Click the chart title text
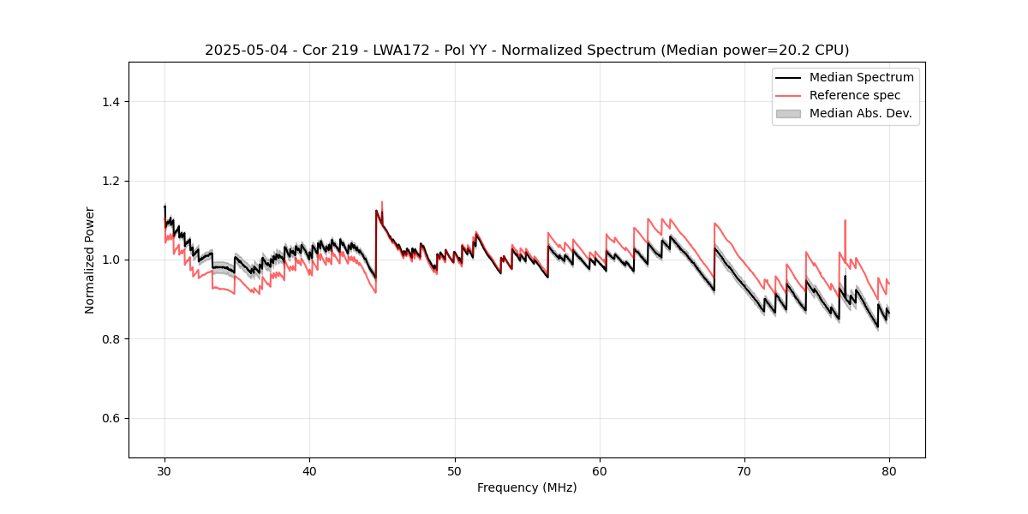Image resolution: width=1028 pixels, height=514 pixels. (527, 51)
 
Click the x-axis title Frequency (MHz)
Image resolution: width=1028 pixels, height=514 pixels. (527, 487)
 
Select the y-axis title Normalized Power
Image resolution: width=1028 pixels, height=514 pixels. (90, 260)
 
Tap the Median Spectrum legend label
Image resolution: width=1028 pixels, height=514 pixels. (861, 77)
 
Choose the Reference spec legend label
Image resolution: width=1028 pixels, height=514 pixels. (855, 95)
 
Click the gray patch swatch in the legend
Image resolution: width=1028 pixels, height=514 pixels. (787, 113)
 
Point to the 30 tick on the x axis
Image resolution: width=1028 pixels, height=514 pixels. (164, 470)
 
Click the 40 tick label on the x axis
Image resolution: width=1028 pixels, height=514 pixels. (309, 470)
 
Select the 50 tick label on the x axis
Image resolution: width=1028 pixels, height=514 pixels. (455, 470)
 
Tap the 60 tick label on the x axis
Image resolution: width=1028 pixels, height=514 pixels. (600, 470)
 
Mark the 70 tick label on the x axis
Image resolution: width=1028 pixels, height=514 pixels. (744, 470)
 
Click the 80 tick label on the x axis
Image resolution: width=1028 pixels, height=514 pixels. (889, 470)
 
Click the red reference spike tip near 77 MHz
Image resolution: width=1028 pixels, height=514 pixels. (845, 220)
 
